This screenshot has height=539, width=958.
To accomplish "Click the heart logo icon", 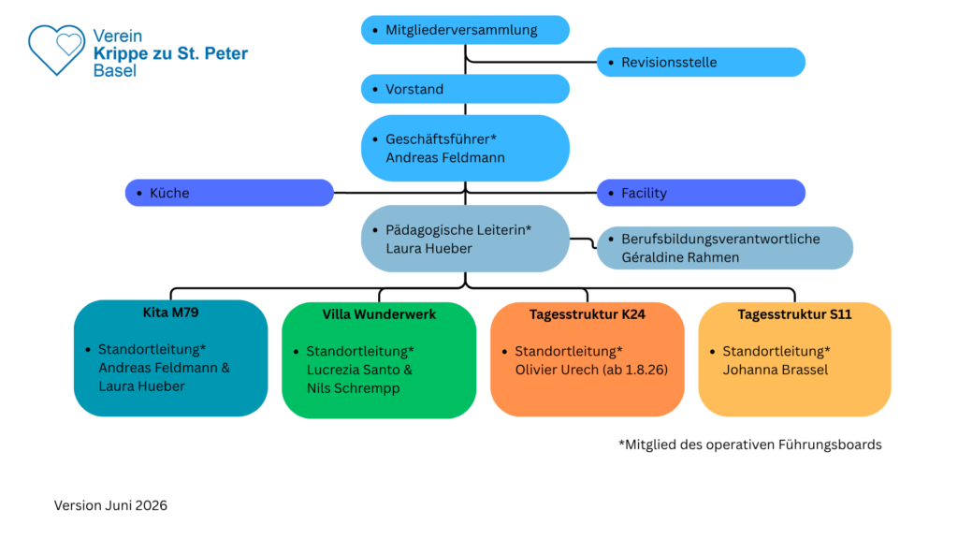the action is coord(56,50).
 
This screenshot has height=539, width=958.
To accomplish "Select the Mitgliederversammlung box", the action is coord(465,30).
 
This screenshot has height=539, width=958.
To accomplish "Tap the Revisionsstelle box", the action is coord(701,63).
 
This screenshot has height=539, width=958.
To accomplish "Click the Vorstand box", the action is coord(465,89).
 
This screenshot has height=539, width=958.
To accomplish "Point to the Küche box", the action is coord(229,193).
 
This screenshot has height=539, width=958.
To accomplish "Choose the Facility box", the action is coord(701,193).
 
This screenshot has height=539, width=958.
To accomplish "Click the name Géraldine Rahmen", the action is coord(680,257).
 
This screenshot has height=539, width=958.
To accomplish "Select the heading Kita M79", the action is coord(170,313).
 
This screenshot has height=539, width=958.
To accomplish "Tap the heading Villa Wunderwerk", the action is coord(379,314).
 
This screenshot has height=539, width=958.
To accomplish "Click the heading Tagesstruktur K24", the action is coord(588,314).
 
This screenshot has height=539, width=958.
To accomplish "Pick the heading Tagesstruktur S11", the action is coord(794,314).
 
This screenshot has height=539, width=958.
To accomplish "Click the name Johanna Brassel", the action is coord(776,370).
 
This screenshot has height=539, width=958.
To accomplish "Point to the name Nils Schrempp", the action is coord(353,388).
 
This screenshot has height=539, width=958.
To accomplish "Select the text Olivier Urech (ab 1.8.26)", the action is coord(591,370).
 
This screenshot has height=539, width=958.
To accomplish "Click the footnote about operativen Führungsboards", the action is coord(750,444).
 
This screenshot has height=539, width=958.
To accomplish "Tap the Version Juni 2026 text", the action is coord(110,505).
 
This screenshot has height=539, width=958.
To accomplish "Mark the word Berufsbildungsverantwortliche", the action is coord(721,239).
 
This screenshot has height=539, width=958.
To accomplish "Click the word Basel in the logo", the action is coord(115,71).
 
